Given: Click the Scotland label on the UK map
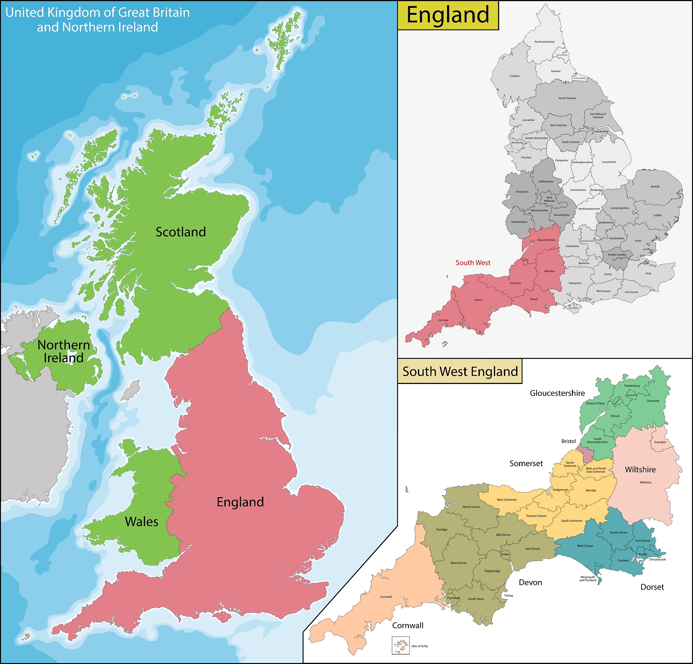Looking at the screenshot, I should pyautogui.click(x=181, y=232).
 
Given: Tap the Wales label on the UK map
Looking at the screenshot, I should pyautogui.click(x=141, y=522).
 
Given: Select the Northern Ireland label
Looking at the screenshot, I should pyautogui.click(x=64, y=351).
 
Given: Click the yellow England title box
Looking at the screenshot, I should pyautogui.click(x=448, y=15).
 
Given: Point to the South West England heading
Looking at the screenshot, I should pyautogui.click(x=460, y=371).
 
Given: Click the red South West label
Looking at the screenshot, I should pyautogui.click(x=473, y=263).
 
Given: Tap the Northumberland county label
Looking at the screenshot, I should pyautogui.click(x=544, y=42).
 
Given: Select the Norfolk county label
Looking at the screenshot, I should pyautogui.click(x=655, y=187).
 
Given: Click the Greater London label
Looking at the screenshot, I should pyautogui.click(x=617, y=255).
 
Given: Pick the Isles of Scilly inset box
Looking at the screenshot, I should pyautogui.click(x=400, y=646).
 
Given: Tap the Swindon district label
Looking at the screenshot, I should pyautogui.click(x=660, y=442).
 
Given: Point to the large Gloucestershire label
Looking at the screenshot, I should pyautogui.click(x=557, y=393).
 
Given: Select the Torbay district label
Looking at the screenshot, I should pyautogui.click(x=509, y=595).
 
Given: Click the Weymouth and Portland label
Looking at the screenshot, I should pyautogui.click(x=587, y=579).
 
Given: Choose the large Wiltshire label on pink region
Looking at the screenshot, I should pyautogui.click(x=640, y=469).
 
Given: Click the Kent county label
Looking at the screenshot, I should pyautogui.click(x=648, y=274).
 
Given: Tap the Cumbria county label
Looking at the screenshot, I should pyautogui.click(x=514, y=76).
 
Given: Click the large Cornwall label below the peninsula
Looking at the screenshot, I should pyautogui.click(x=407, y=625).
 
